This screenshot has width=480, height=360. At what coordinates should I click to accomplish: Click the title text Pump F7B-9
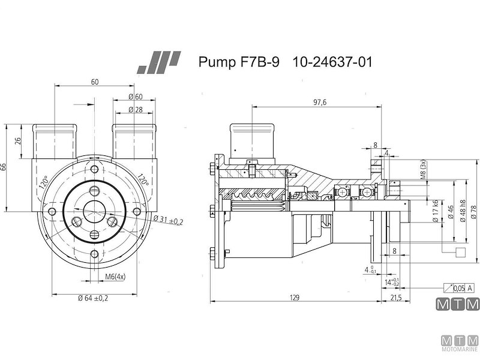pyautogui.click(x=238, y=62)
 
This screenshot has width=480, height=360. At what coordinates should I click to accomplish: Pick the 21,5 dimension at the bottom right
pyautogui.click(x=396, y=298)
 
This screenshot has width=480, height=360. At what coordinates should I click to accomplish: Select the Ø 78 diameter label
pyautogui.click(x=474, y=211)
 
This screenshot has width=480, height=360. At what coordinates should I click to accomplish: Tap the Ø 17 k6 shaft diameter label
pyautogui.click(x=435, y=212)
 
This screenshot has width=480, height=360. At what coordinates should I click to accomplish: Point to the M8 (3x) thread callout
pyautogui.click(x=423, y=170)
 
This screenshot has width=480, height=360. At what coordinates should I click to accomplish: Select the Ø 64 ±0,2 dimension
pyautogui.click(x=92, y=298)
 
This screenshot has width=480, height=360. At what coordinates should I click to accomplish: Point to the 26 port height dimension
pyautogui.click(x=17, y=142)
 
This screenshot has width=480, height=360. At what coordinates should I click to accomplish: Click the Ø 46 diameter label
pyautogui.click(x=451, y=212)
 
